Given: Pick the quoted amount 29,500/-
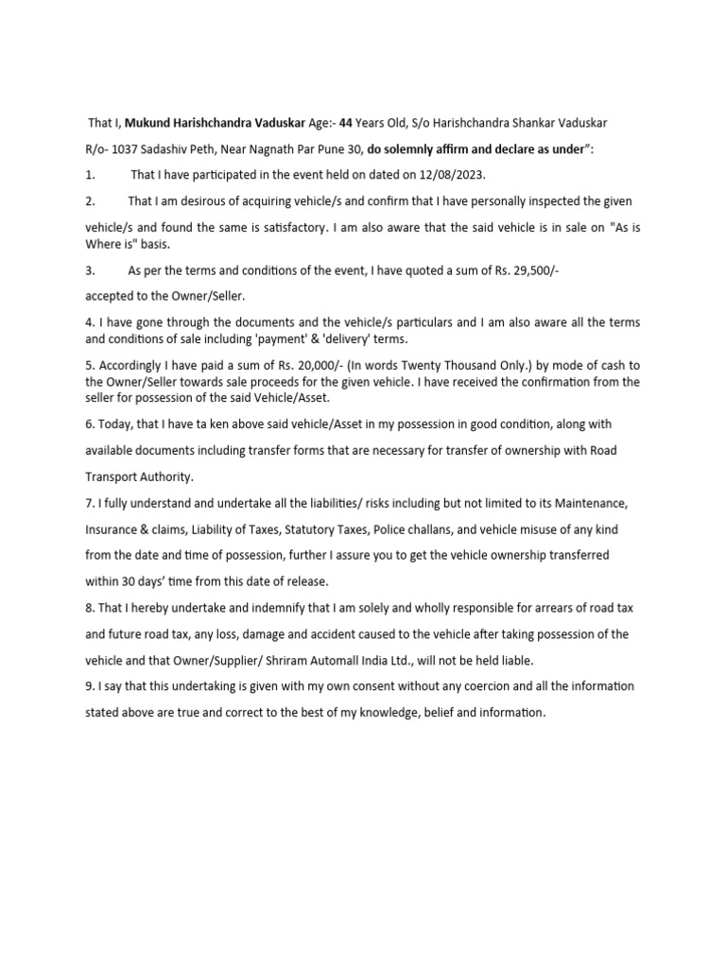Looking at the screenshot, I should point(536,270).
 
